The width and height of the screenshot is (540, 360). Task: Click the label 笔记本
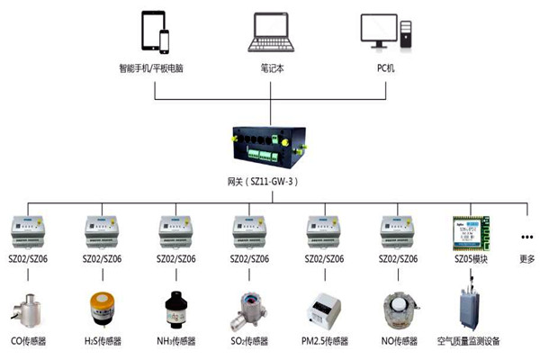click(x=271, y=67)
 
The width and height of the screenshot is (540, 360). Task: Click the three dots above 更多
click(x=526, y=237)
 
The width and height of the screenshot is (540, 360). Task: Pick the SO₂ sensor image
click(x=245, y=309)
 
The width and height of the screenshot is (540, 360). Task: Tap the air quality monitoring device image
click(x=469, y=306)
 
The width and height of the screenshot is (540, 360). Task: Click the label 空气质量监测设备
click(x=468, y=341)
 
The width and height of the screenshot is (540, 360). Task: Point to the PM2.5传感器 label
click(x=323, y=341)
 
